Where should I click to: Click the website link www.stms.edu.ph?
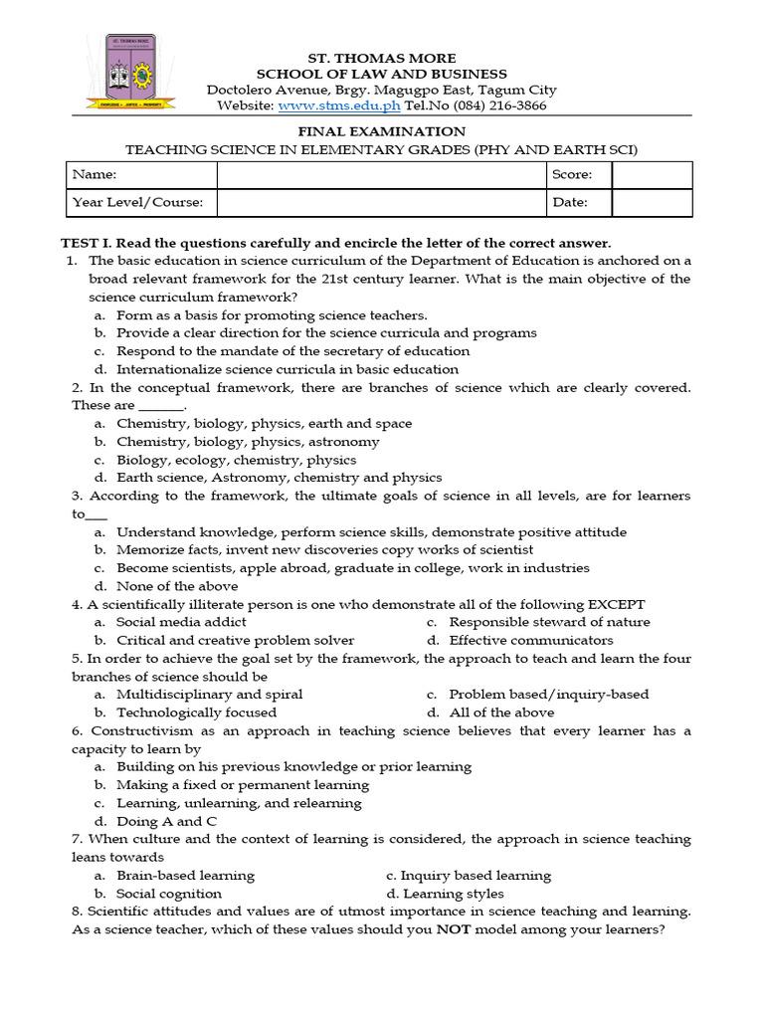(339, 105)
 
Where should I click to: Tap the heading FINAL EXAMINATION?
(382, 131)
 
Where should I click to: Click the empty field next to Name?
(380, 175)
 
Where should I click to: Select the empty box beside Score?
(652, 175)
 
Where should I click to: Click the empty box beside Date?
(652, 202)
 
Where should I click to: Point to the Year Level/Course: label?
(137, 202)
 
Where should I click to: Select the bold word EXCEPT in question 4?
(616, 604)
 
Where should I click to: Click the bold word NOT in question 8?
(452, 930)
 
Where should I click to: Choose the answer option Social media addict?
(181, 622)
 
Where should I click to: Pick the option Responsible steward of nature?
(549, 622)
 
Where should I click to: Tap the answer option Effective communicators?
(530, 640)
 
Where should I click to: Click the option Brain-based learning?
(185, 876)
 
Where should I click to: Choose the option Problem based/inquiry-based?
(548, 694)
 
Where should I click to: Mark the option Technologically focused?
(196, 713)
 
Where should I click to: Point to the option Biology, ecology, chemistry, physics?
(236, 460)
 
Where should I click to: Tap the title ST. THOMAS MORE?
(382, 59)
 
